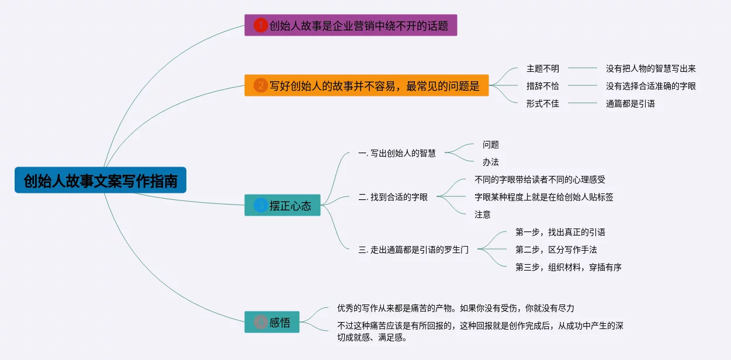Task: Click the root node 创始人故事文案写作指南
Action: pos(101,181)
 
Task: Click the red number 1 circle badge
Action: pos(261,25)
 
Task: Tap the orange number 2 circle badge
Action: pos(261,86)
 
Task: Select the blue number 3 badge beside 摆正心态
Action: pos(261,205)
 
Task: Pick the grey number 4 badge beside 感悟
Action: pos(261,322)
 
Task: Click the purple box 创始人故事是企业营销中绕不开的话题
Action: pos(351,25)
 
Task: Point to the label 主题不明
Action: pos(542,68)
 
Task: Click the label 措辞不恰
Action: pos(542,86)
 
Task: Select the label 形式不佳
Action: pos(542,103)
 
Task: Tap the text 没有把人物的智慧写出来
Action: pos(650,68)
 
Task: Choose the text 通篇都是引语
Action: pos(630,103)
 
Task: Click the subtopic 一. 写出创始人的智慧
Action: pos(397,153)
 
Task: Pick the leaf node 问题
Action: pos(490,144)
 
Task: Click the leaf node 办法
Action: pos(490,162)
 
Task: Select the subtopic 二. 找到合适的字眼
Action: pos(393,197)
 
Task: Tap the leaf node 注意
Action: pos(482,214)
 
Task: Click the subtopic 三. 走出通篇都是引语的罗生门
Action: pos(413,250)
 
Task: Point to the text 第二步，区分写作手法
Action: pos(556,250)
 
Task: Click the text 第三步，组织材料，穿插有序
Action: pos(568,267)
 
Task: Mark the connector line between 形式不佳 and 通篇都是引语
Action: pos(582,103)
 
